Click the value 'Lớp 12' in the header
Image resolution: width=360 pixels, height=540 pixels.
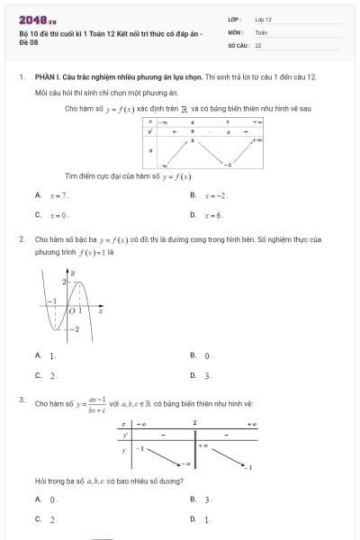pos(263,19)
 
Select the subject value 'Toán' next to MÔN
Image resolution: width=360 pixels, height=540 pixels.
pos(261,31)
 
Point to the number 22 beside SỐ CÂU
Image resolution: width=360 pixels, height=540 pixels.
pos(258,44)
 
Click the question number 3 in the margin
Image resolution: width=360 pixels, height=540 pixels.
pos(21,398)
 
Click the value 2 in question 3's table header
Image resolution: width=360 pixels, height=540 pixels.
pos(194,421)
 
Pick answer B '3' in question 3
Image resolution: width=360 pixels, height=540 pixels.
pos(207,499)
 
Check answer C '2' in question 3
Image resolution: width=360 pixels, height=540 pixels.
pos(52,519)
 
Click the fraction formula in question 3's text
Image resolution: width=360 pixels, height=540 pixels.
pos(94,402)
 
